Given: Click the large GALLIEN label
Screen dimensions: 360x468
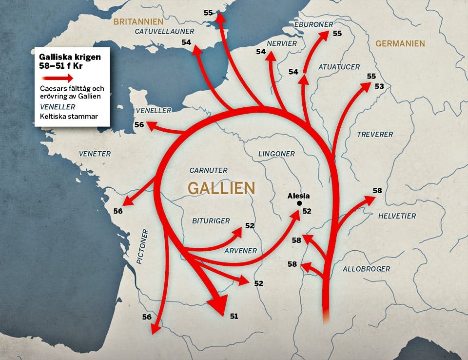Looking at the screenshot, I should click(221, 188).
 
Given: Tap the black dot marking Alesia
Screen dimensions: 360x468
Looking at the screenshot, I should click(299, 203).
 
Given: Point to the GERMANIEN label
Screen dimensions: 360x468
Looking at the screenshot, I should click(400, 43).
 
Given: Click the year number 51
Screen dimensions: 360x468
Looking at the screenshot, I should click(234, 316).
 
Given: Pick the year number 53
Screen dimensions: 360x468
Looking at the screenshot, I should click(379, 86).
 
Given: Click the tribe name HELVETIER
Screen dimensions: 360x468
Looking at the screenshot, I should click(397, 216).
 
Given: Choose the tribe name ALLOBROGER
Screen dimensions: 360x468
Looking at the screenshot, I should click(366, 269).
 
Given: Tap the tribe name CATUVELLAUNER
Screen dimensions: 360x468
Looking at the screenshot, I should click(164, 31).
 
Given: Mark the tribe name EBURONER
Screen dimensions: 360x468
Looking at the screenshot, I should click(314, 24).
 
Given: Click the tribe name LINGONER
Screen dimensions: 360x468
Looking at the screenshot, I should click(276, 154).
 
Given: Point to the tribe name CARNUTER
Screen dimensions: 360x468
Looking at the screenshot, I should click(208, 170).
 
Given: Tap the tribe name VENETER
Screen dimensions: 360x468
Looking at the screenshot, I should click(95, 154).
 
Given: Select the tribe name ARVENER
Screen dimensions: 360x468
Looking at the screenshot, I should click(240, 251).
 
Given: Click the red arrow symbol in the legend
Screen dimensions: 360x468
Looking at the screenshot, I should click(58, 78).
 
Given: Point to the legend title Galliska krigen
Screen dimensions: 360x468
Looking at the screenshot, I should click(70, 57).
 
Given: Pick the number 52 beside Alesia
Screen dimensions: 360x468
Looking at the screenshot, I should click(307, 211).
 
